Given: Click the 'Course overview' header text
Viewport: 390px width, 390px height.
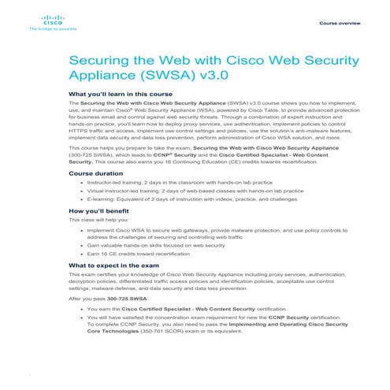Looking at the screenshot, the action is pos(340,23).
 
